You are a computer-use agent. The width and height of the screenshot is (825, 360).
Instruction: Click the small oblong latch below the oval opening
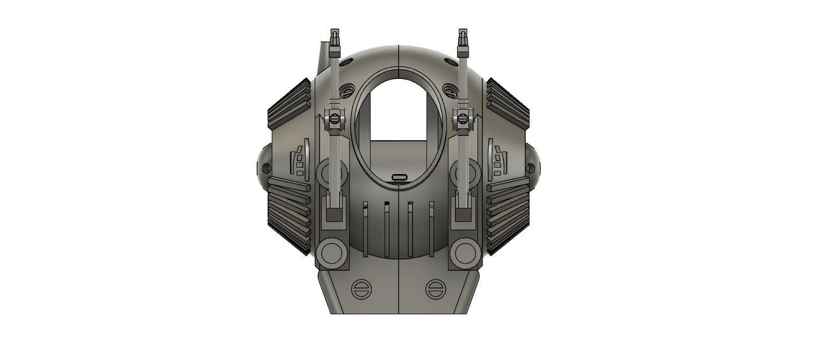398,178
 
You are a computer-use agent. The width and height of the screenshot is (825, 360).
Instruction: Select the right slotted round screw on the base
435,288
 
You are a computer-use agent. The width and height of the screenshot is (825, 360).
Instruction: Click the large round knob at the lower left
332,253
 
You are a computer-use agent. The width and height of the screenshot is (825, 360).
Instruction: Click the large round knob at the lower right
464,253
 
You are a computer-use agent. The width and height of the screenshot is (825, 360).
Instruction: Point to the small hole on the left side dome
267,168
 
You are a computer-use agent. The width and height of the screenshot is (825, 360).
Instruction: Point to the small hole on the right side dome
530,168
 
